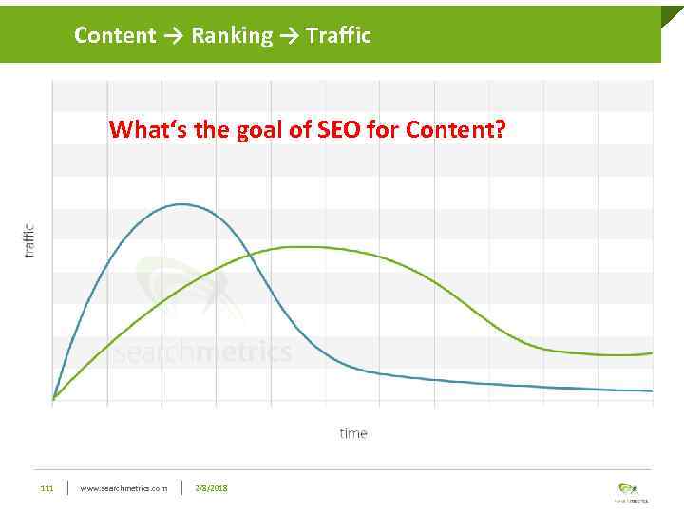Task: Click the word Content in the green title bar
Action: tap(114, 36)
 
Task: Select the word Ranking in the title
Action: tap(231, 36)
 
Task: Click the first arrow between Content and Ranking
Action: tap(173, 37)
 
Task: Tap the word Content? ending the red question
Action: tap(456, 128)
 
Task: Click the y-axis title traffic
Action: tap(28, 239)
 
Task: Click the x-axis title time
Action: tap(352, 433)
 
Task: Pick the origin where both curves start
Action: tap(53, 399)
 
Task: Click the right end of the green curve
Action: tap(652, 352)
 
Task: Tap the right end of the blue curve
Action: tap(652, 390)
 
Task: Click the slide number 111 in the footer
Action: tap(46, 488)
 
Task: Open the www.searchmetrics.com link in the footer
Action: tap(123, 488)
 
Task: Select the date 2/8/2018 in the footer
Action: tap(211, 488)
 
